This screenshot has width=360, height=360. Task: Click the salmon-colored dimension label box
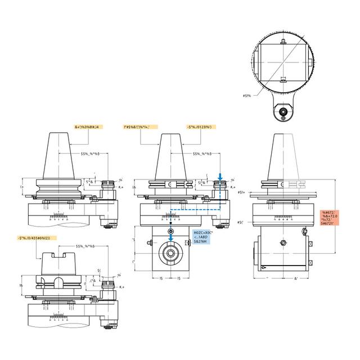[x=334, y=217]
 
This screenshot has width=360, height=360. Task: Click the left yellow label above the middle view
[x=141, y=128]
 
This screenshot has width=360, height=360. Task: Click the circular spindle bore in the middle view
[x=170, y=254]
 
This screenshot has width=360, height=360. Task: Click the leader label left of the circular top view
[x=246, y=96]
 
